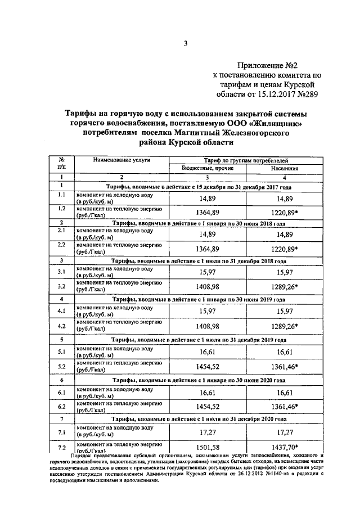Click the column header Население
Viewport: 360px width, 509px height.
click(284, 168)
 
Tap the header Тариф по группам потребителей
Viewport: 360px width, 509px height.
click(242, 160)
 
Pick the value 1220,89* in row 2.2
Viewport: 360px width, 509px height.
click(285, 249)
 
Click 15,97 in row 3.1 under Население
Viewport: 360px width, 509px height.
click(285, 273)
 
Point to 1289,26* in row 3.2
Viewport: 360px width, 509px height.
click(285, 287)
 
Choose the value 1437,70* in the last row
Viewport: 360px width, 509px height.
click(285, 447)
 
